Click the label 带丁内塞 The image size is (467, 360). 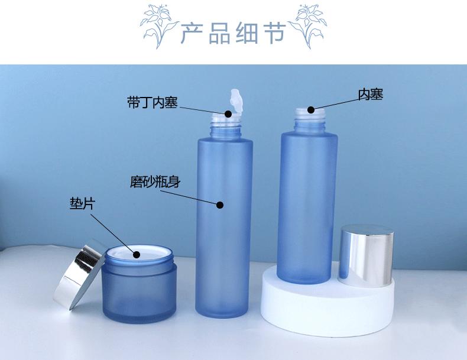[152, 102]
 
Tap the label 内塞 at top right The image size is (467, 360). [371, 94]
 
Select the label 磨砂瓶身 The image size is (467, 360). [155, 181]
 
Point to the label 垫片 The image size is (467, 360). [82, 205]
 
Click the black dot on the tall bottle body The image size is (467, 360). [220, 205]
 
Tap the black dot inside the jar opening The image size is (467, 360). [137, 255]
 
